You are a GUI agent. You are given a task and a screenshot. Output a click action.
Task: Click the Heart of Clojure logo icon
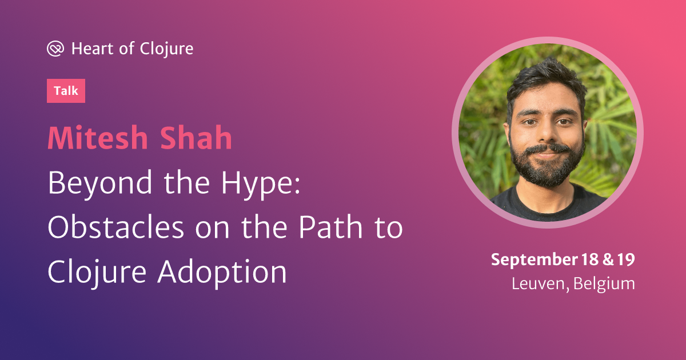pyautogui.click(x=55, y=49)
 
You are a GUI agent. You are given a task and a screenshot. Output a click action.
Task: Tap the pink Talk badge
pyautogui.click(x=66, y=91)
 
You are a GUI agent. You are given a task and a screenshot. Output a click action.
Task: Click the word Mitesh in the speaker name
pyautogui.click(x=98, y=138)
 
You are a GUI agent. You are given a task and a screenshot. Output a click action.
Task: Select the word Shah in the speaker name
pyautogui.click(x=196, y=138)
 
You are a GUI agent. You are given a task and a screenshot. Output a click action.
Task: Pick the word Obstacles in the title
pyautogui.click(x=116, y=227)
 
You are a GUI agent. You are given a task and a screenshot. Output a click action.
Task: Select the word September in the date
pyautogui.click(x=535, y=260)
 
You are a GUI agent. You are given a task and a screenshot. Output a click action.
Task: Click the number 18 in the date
pyautogui.click(x=590, y=259)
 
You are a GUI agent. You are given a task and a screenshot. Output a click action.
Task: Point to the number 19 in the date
pyautogui.click(x=626, y=259)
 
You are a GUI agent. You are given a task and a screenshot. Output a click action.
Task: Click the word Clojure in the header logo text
pyautogui.click(x=166, y=49)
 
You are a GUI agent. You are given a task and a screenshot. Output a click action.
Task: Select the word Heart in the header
pyautogui.click(x=92, y=49)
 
